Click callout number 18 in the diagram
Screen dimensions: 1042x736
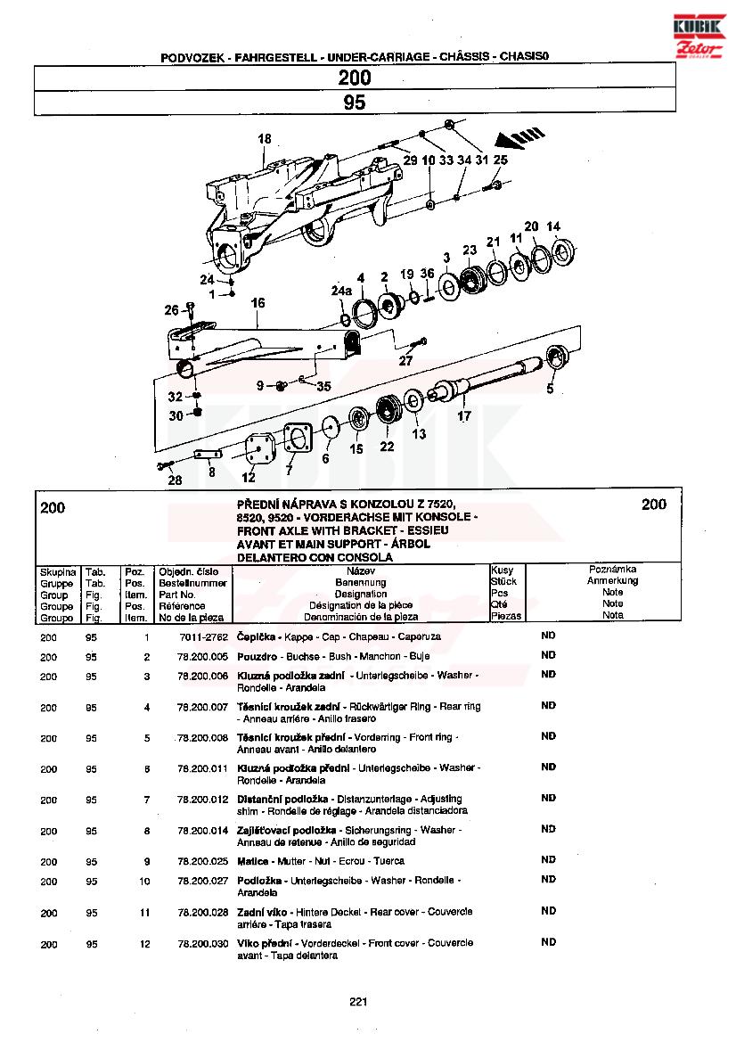click(264, 139)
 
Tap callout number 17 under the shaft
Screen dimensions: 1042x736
click(464, 415)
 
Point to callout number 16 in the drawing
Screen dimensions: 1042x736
click(258, 304)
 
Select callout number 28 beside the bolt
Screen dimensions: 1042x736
click(175, 480)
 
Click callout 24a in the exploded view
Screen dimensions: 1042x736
click(341, 291)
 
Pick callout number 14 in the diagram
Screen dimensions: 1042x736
click(553, 226)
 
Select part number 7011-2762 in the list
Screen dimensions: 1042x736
click(203, 638)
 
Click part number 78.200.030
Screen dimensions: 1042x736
click(203, 943)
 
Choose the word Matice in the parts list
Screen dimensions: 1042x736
click(252, 861)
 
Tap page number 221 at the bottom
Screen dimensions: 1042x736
click(358, 1002)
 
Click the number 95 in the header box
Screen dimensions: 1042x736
click(355, 103)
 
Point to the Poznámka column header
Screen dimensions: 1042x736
click(612, 569)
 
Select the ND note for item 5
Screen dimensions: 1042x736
click(548, 736)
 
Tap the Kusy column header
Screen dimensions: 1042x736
click(503, 570)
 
